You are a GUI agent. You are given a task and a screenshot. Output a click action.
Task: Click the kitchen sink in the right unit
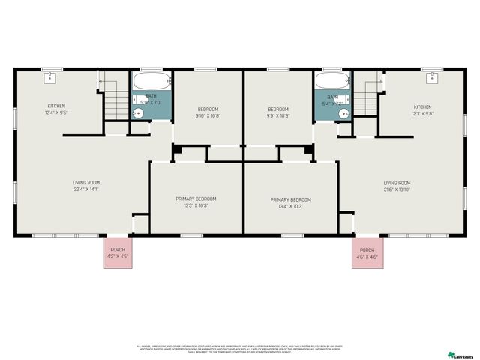click(x=433, y=77)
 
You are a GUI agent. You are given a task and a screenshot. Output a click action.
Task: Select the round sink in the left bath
click(x=138, y=113)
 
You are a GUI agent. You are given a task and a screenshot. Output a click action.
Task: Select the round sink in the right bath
click(x=343, y=113)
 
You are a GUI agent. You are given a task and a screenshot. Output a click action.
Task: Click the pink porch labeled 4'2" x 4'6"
click(x=118, y=253)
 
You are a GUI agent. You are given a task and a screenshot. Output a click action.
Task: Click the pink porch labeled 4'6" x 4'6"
click(x=367, y=253)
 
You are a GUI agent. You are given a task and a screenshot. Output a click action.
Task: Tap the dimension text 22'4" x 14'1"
click(x=86, y=190)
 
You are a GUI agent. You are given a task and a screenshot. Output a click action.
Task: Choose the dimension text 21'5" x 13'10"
click(x=397, y=190)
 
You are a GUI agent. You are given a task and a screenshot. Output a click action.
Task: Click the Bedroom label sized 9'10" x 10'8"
click(x=207, y=115)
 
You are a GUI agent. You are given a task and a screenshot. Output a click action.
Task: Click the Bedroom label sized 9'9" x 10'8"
click(x=278, y=115)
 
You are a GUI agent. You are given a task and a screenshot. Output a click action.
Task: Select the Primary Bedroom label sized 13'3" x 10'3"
click(x=196, y=206)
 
